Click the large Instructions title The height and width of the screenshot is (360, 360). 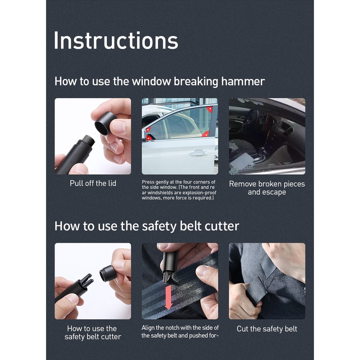tap(116, 41)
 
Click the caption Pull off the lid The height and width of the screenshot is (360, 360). tap(93, 183)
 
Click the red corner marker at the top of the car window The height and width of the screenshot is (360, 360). tap(210, 110)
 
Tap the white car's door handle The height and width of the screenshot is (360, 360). tap(199, 153)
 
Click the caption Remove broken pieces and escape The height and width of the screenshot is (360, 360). tap(267, 188)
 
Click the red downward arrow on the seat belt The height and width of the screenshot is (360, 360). tap(169, 298)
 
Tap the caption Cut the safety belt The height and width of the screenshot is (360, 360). tap(267, 329)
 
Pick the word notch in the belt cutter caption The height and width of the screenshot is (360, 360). tap(177, 327)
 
